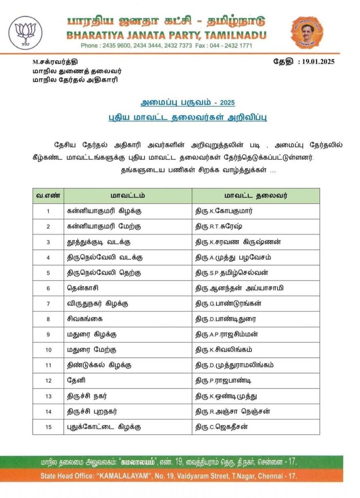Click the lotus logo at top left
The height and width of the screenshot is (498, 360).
click(26, 33)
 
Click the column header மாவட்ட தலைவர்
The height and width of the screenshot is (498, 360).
click(255, 196)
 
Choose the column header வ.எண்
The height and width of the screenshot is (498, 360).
click(48, 196)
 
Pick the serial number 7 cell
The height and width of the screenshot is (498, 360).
click(48, 303)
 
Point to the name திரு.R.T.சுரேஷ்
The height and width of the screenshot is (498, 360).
click(220, 227)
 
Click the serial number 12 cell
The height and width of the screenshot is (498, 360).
click(48, 380)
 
